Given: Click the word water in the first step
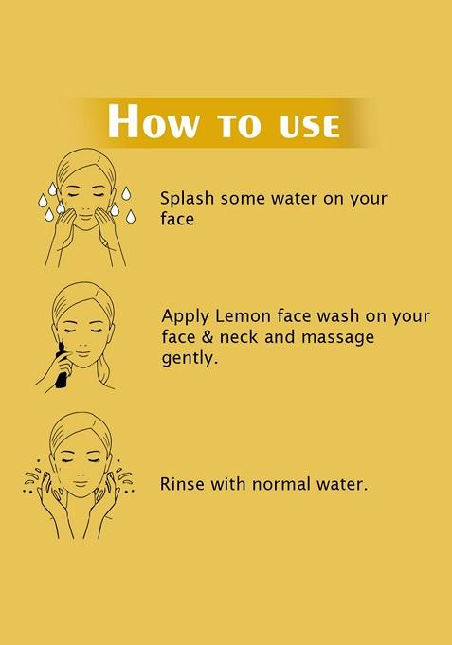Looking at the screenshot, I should [x=294, y=199].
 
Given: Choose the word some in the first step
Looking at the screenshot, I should [x=245, y=199].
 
